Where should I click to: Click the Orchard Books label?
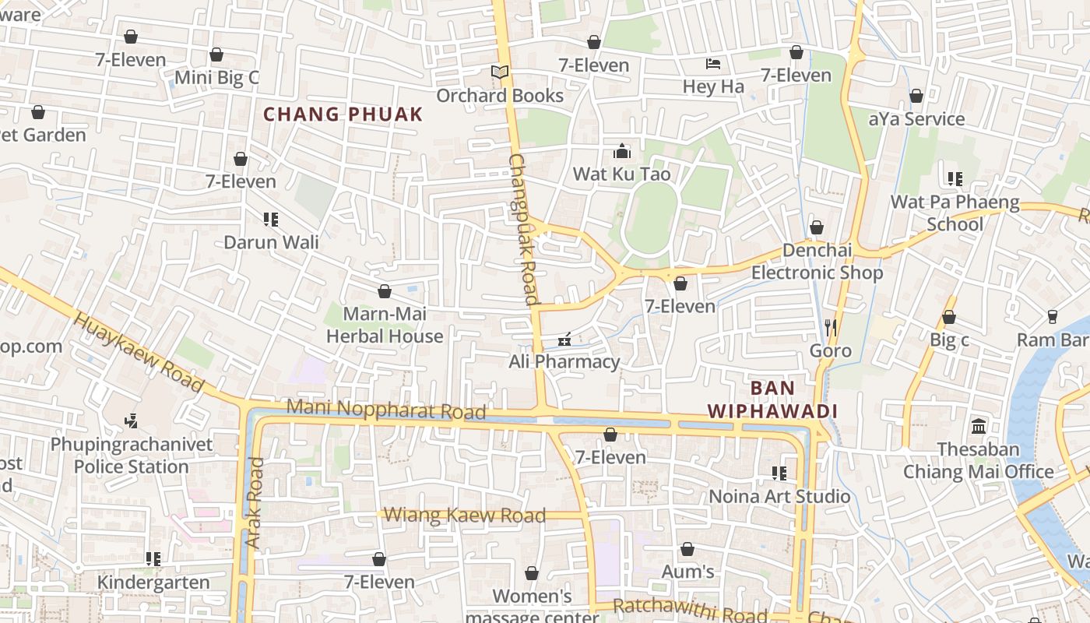tap(500, 96)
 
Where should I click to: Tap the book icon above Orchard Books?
tap(499, 72)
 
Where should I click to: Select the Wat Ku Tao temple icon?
tap(621, 150)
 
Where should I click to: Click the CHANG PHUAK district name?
tap(343, 114)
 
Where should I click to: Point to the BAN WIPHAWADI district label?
tap(772, 399)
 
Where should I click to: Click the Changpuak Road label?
tap(523, 229)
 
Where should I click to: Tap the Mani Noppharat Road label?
tap(386, 409)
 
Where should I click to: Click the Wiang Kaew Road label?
tap(465, 515)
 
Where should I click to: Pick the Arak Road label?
tap(255, 502)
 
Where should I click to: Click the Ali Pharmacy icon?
tap(565, 339)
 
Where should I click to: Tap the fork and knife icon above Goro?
tap(831, 328)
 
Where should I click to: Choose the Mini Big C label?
tap(216, 77)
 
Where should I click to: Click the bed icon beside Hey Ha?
tap(713, 63)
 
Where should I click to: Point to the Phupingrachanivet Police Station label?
tap(132, 456)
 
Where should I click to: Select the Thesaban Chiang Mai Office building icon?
tap(979, 426)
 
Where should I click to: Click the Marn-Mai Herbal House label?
tap(385, 325)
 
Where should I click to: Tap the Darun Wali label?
tap(271, 242)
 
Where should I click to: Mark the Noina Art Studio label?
tap(779, 496)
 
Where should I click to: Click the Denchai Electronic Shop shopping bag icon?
tap(817, 227)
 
